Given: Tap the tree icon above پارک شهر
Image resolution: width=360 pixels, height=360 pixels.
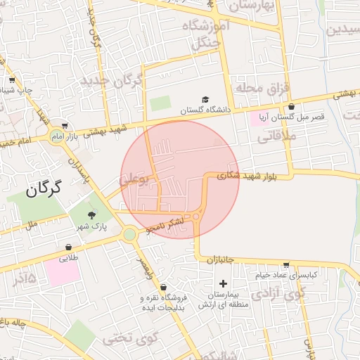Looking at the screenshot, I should click(x=91, y=214).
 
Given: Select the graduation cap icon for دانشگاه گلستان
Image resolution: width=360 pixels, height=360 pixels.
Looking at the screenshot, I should click(x=205, y=100).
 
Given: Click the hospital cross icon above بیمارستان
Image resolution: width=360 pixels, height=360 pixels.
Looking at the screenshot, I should click(x=224, y=283).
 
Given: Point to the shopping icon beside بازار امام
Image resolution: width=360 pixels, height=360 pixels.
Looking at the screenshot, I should click(x=64, y=126).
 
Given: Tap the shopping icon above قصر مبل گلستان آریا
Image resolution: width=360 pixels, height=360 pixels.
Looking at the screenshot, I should click(x=291, y=106).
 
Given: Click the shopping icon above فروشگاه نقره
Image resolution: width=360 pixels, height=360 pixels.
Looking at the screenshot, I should click(x=164, y=287).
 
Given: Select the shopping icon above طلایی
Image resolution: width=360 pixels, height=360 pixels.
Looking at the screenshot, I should click(x=68, y=247).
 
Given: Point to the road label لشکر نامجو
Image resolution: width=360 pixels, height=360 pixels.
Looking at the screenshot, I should click(x=165, y=224).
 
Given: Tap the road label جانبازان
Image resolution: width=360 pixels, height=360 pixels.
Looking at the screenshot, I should click(x=220, y=259).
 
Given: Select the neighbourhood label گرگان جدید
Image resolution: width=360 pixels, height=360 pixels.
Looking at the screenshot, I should click(x=112, y=80).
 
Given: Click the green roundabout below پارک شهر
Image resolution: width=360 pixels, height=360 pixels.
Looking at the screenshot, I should click(x=129, y=235).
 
